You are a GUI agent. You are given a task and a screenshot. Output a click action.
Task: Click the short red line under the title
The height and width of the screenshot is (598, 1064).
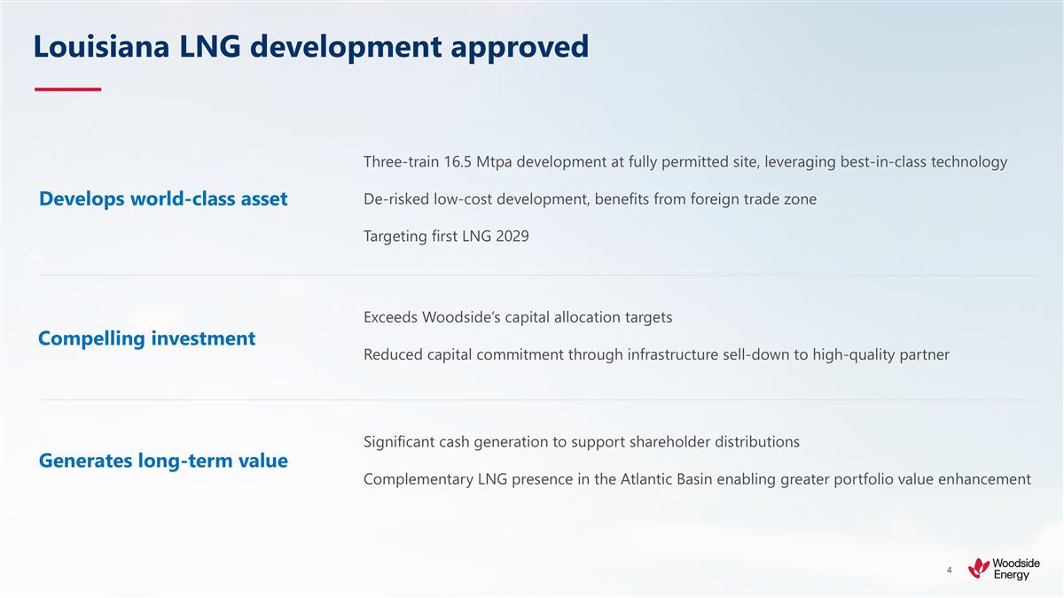pos(67,89)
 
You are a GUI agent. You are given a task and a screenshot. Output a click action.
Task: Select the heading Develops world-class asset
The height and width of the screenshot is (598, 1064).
pos(163,199)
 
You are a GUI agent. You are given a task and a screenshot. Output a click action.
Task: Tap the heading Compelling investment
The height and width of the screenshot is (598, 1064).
pos(146,338)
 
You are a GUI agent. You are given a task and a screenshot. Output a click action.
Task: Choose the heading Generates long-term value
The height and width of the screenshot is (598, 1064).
pos(163,462)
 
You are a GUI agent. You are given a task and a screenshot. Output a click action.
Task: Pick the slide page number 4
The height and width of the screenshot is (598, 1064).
pos(949,570)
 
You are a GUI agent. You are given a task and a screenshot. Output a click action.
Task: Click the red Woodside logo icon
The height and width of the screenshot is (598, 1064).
pos(979,568)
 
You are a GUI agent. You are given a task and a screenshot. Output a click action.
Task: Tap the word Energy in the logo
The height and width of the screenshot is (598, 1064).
pos(1012,575)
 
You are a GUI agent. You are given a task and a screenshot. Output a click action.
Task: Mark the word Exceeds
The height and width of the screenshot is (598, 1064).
pos(390,317)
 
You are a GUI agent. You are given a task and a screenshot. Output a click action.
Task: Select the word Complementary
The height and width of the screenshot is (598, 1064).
pos(419,479)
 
